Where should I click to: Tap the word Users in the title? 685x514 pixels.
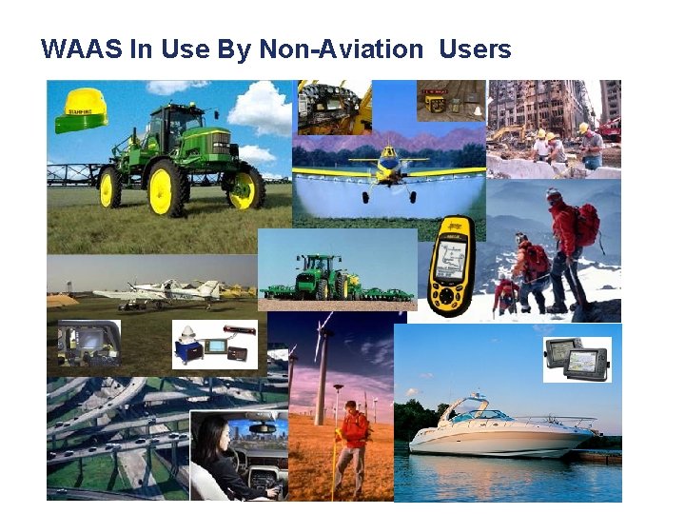click(475, 49)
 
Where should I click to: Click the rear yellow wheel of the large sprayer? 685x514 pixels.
click(245, 188)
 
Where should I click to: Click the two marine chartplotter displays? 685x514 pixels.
click(577, 358)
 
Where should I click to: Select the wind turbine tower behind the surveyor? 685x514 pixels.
click(323, 382)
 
